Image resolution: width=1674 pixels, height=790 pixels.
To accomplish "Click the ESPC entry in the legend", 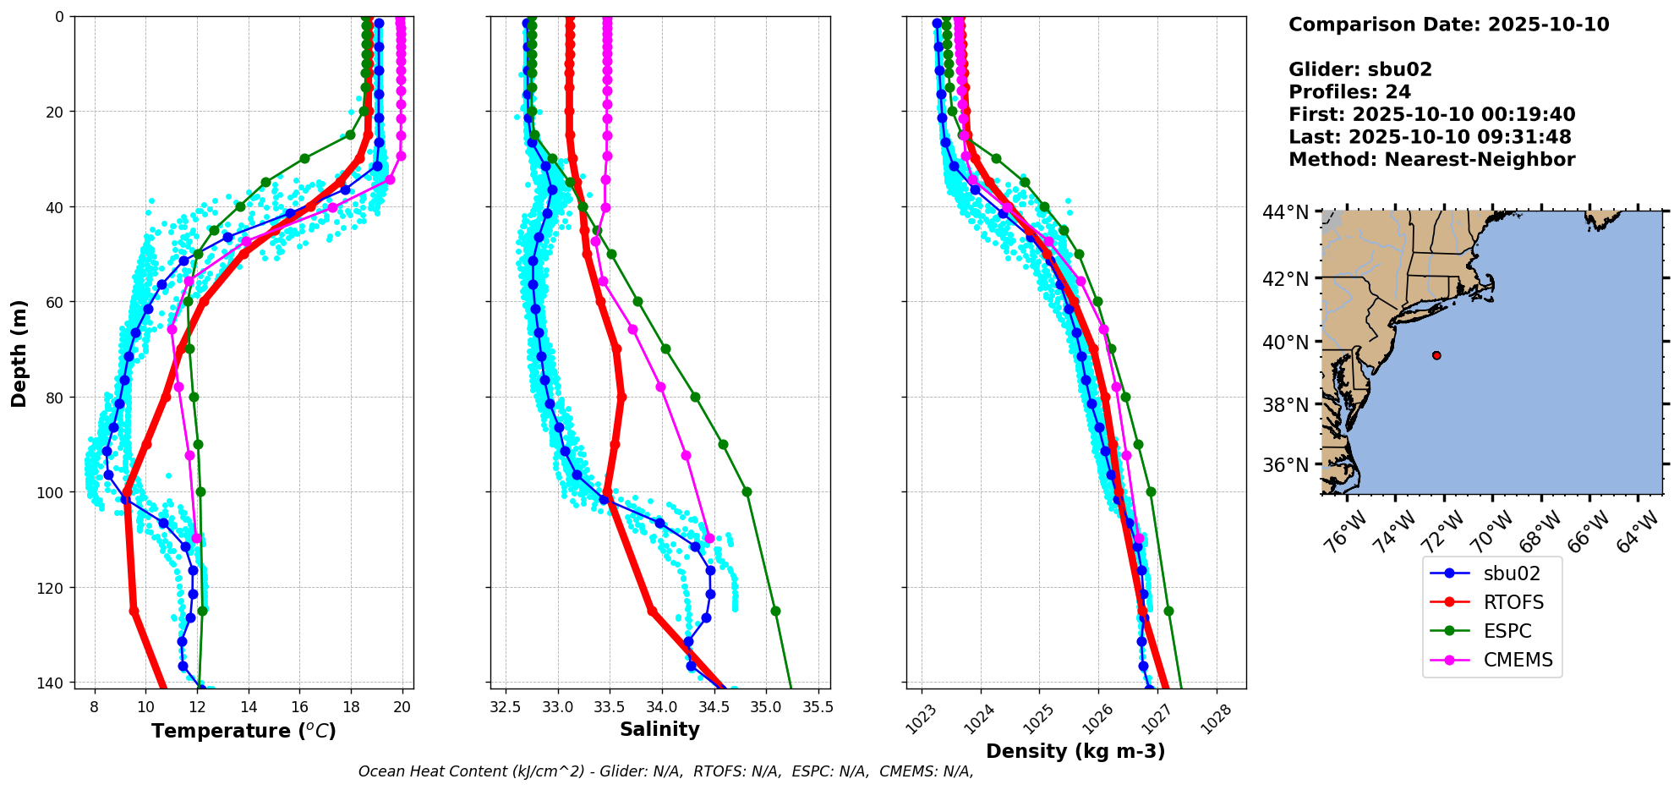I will click(1507, 631).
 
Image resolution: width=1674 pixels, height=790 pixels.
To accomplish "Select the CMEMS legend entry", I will click(1518, 660).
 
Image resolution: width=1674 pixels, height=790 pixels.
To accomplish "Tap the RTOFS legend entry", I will click(1513, 602).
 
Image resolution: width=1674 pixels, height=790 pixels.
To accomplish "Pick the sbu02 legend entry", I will click(1512, 573).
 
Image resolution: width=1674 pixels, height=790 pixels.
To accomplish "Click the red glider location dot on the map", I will click(1436, 355).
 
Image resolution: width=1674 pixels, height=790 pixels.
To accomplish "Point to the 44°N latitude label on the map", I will click(1285, 212).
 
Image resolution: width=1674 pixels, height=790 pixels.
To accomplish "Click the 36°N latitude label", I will click(1285, 465).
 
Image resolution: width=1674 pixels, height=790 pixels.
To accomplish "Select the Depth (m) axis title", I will click(19, 353).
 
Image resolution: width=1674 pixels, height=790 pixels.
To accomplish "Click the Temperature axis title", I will click(243, 731).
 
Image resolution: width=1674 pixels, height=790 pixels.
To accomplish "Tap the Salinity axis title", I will click(659, 730).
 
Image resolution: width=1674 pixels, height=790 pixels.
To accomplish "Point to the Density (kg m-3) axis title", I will click(1075, 751).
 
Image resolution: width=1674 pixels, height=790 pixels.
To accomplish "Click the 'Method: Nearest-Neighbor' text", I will click(1431, 160).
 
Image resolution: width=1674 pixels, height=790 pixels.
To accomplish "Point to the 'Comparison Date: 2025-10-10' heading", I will click(1448, 25).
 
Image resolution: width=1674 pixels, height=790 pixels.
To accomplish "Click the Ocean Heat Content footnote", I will click(665, 771).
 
